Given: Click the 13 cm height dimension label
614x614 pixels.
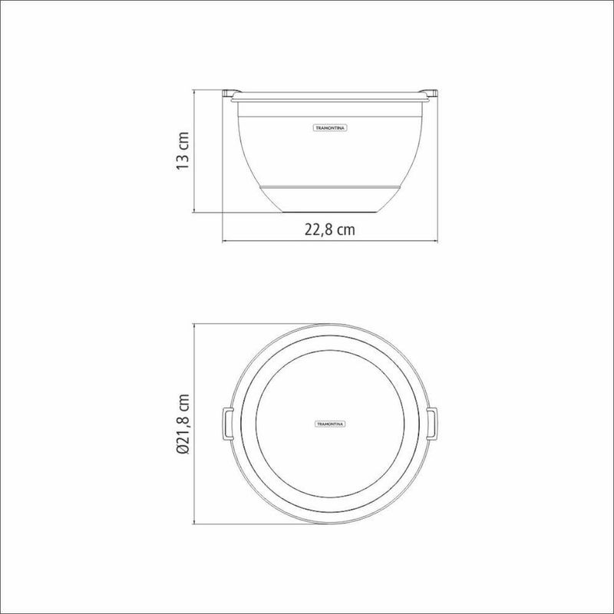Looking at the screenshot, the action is coord(183,150).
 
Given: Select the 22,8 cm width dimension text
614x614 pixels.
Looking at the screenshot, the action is coord(330,229).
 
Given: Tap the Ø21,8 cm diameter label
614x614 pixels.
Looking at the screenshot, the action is coord(183,424).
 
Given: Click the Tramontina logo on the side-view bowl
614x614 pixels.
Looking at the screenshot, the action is coord(330,128).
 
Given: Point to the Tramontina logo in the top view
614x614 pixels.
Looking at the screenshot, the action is coord(330,424).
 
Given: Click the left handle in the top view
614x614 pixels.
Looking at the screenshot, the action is coord(228,424).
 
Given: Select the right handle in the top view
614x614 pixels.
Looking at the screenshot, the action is coord(432,424).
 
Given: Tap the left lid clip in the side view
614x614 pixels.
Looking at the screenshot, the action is coord(227,94).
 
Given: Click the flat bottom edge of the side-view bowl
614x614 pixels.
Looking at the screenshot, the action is coord(330,213).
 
